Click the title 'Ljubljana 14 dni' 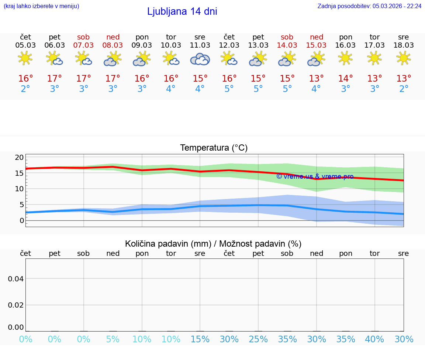(182, 11)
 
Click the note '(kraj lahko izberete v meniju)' (41, 6)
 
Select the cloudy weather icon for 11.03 (200, 59)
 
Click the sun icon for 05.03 (25, 58)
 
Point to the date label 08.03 (113, 45)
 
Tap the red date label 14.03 (287, 45)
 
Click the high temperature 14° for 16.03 (346, 78)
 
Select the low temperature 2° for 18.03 (404, 89)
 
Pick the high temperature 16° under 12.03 (229, 78)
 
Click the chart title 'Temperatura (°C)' (214, 148)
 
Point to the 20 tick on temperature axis (19, 157)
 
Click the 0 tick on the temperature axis (21, 220)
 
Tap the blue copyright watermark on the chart (315, 176)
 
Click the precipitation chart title (213, 244)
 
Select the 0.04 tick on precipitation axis (16, 278)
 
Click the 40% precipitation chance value (375, 339)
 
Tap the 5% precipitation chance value (113, 339)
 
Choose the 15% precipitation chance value (200, 339)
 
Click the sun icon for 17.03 (375, 58)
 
